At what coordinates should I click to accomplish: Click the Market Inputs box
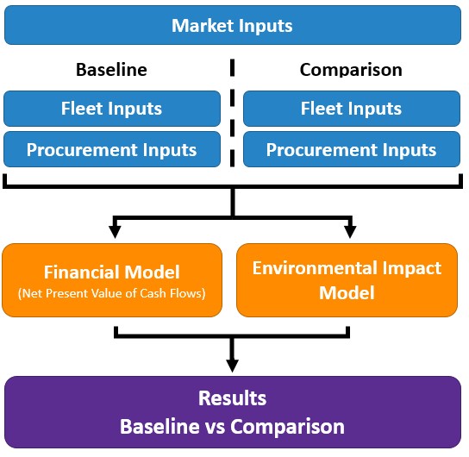(x=233, y=25)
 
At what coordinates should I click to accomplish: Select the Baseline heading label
(x=111, y=70)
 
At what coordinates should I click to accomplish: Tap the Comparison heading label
(x=351, y=70)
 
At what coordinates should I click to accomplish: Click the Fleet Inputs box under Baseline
(x=112, y=109)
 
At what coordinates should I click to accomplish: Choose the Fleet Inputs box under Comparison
(x=352, y=109)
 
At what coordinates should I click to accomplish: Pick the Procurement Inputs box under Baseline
(x=112, y=149)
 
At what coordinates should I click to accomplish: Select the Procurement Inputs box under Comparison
(x=352, y=149)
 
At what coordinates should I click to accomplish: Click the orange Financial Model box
(x=112, y=280)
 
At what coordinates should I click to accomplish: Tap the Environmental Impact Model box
(x=347, y=280)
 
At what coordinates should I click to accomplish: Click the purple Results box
(x=233, y=412)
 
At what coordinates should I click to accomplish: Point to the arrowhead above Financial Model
(x=115, y=232)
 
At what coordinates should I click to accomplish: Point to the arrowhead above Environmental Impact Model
(x=350, y=232)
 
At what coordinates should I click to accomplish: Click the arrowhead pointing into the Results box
(x=233, y=366)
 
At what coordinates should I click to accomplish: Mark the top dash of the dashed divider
(x=233, y=67)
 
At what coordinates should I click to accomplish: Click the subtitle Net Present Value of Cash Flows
(x=111, y=294)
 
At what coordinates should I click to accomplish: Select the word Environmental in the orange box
(x=314, y=268)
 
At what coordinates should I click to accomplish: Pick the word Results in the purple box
(x=233, y=398)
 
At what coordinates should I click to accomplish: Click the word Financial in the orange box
(x=81, y=272)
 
